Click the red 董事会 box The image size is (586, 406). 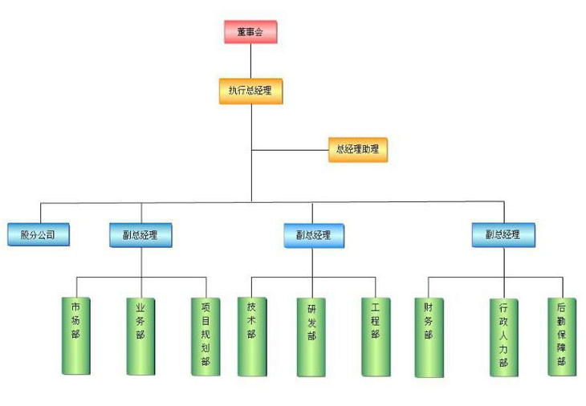click(250, 32)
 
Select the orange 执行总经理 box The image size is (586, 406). click(250, 90)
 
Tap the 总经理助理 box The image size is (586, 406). click(358, 149)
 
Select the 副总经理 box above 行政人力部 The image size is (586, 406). click(503, 235)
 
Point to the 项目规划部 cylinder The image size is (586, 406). click(206, 336)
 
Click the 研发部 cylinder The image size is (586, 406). click(312, 336)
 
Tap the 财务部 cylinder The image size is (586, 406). click(429, 336)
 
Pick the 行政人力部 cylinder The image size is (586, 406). click(504, 336)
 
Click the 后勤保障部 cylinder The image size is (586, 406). click(562, 336)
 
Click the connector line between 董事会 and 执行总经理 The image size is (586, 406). click(250, 60)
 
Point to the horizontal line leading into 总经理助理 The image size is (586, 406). click(289, 149)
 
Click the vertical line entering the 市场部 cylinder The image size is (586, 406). click(76, 286)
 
